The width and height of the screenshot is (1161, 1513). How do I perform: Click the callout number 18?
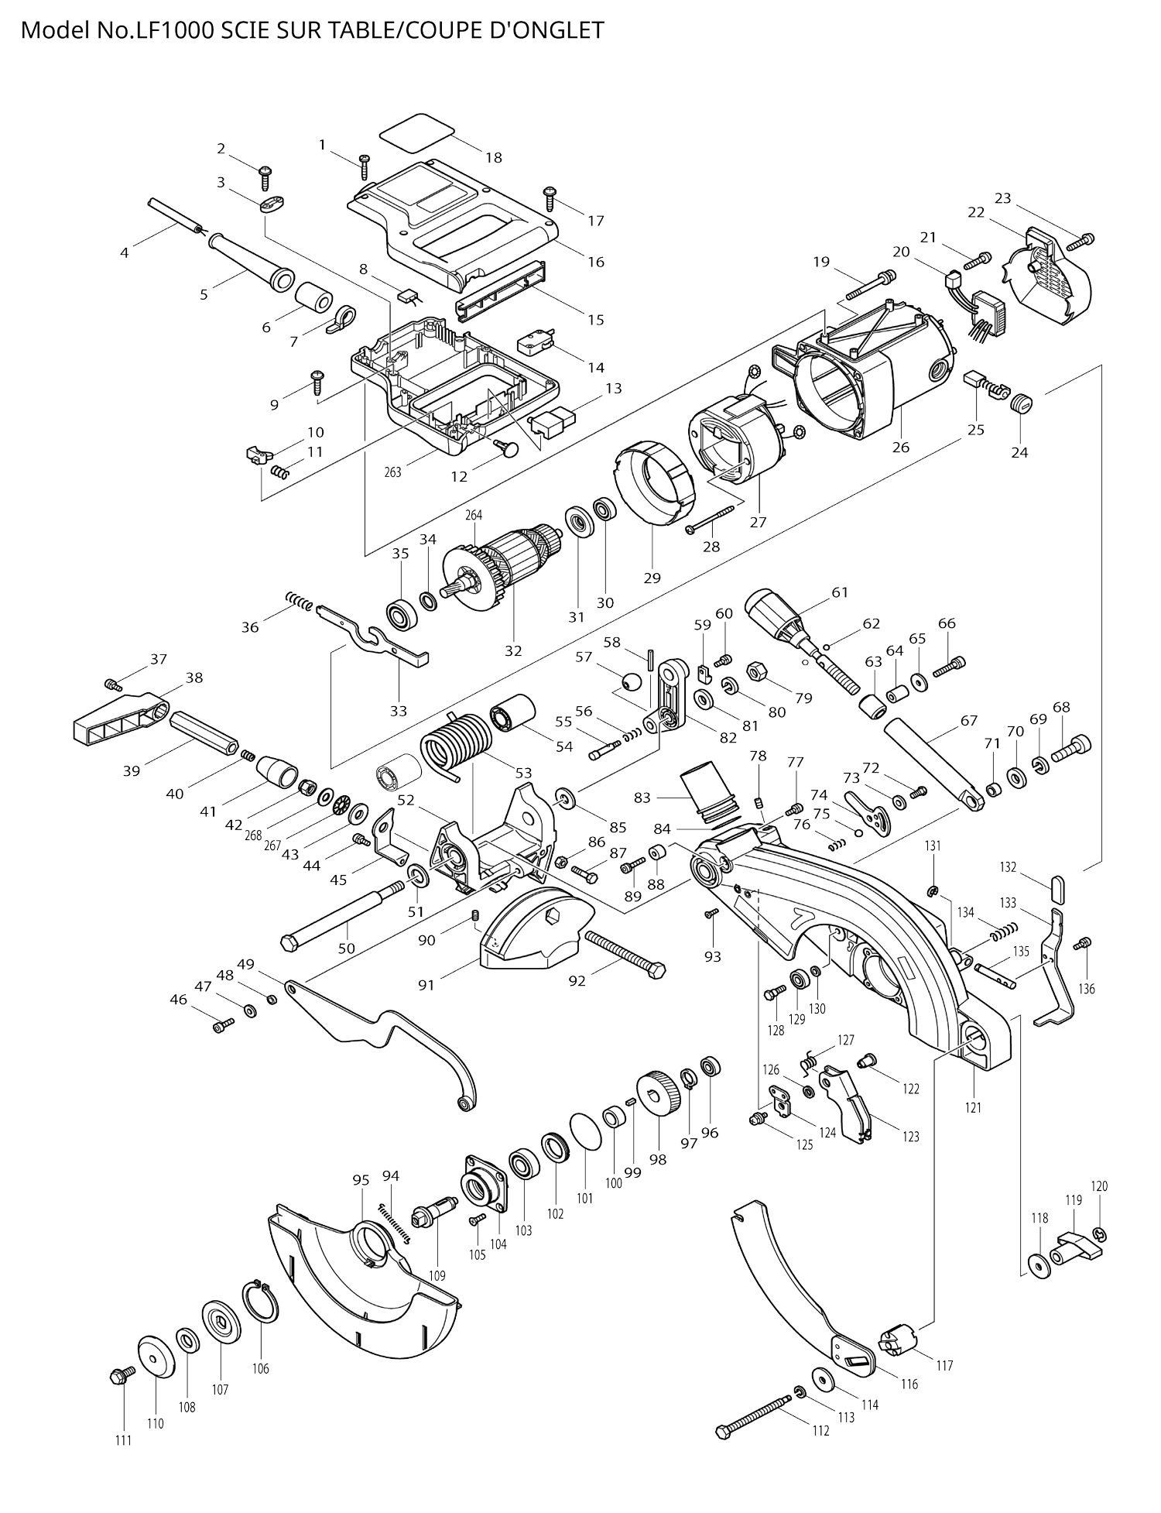pos(494,158)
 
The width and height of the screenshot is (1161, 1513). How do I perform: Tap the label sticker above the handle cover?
pos(416,132)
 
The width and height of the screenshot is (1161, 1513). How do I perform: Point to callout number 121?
pos(973,1108)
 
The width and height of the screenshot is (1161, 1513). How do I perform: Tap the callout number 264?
pos(474,515)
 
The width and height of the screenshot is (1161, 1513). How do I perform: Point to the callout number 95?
pos(361,1180)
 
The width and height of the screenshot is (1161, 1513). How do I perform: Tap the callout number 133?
pos(1008,903)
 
